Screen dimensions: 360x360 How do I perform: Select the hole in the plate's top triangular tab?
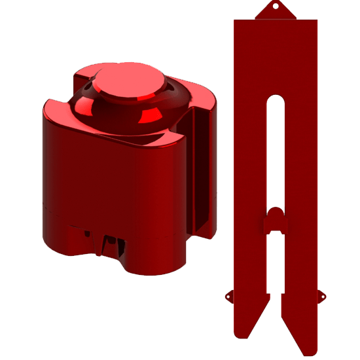[276, 7]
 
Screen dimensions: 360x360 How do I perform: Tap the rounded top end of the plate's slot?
[276, 100]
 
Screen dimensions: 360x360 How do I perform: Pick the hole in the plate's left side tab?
[228, 295]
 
